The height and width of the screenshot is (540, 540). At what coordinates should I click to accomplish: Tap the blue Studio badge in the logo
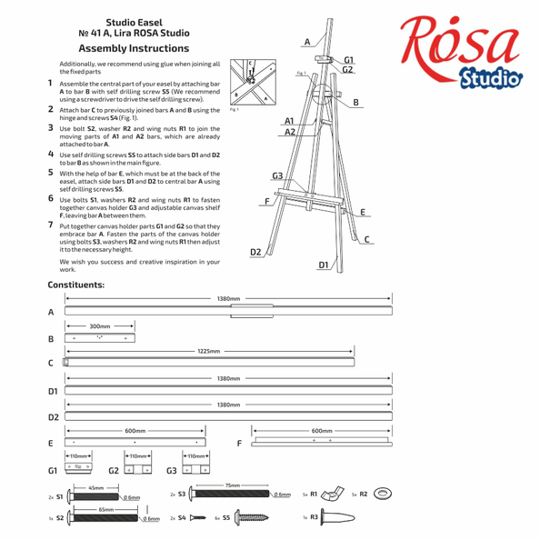coord(490,79)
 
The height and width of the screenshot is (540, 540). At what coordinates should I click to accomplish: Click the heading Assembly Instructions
coord(134,48)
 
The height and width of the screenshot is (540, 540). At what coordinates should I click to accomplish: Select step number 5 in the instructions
coord(51,172)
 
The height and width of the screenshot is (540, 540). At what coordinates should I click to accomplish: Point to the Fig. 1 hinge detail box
coord(253,82)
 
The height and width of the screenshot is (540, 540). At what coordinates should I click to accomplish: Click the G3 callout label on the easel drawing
coord(277,175)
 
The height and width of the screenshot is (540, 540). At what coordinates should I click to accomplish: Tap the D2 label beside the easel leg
coord(255,252)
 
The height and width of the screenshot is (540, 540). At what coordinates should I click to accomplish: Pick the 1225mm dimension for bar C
coord(209,351)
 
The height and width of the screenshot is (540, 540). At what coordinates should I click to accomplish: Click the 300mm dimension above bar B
coord(100,326)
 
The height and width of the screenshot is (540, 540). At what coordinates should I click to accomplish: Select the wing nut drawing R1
coord(333,495)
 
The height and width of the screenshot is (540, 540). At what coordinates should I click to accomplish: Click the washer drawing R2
coord(382,494)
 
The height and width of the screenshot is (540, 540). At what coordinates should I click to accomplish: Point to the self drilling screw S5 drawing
coord(252,517)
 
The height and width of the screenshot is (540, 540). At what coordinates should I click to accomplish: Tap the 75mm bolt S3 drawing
coord(230,494)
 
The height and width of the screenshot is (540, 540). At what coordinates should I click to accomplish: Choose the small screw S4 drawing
coord(197,517)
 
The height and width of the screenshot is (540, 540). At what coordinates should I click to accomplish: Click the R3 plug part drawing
coord(337,517)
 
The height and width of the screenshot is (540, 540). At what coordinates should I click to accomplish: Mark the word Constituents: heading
coord(75,285)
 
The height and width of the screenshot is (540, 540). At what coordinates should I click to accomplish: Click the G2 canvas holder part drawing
coord(138,469)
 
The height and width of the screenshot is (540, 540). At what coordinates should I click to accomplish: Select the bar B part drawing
coord(100,338)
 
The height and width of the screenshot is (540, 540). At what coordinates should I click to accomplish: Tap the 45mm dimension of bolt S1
coord(96,488)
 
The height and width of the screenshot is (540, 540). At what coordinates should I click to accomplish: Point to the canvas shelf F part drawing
coord(322,442)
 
